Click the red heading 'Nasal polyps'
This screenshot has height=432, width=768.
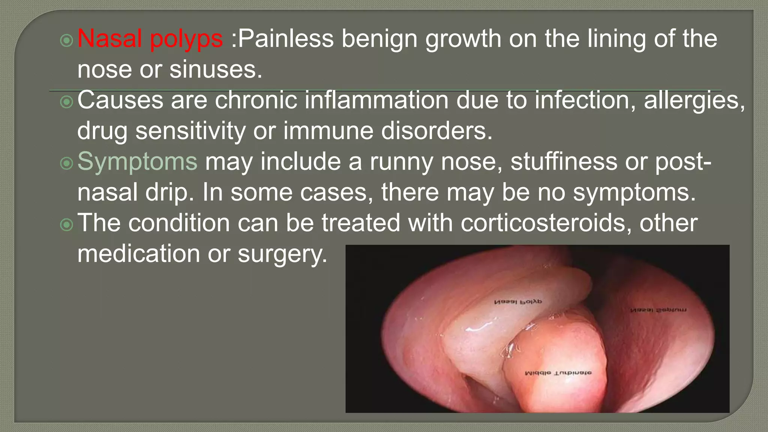click(150, 39)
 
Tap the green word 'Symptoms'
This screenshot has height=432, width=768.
click(137, 162)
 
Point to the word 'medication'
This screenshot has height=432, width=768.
click(139, 254)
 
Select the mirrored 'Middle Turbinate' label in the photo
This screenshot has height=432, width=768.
click(558, 373)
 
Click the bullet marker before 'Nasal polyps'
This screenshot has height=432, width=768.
click(66, 40)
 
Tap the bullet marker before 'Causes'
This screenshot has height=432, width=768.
click(66, 102)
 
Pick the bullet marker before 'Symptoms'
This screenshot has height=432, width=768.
click(66, 163)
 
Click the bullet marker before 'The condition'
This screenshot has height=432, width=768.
click(66, 225)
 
